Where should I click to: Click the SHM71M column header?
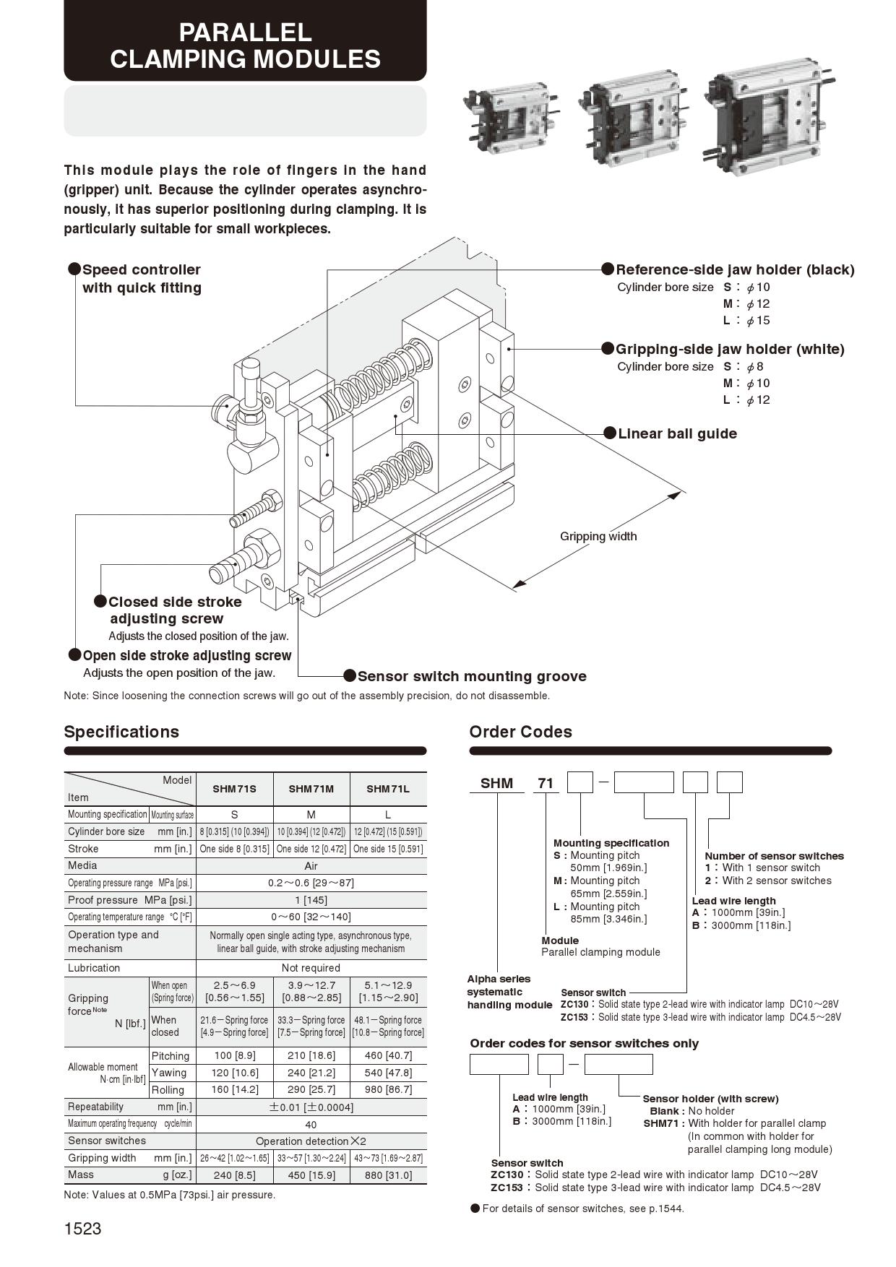coord(311,789)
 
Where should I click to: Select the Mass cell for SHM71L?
coord(388,1175)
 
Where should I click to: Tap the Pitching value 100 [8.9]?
coord(234,1055)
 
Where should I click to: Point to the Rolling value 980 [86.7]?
coord(388,1089)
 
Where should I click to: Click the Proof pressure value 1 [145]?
coord(311,900)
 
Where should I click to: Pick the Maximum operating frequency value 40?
coord(311,1124)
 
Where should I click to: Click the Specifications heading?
coord(121,732)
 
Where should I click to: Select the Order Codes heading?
coord(520,732)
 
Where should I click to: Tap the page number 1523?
coord(82,1229)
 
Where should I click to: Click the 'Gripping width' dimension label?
coord(598,536)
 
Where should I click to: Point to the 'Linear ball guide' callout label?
coord(677,433)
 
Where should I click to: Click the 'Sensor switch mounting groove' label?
coord(471,676)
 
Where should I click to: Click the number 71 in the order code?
coord(546,783)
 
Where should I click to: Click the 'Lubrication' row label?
coord(94,968)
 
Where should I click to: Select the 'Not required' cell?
coord(311,968)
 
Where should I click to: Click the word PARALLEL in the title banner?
coord(245,33)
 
